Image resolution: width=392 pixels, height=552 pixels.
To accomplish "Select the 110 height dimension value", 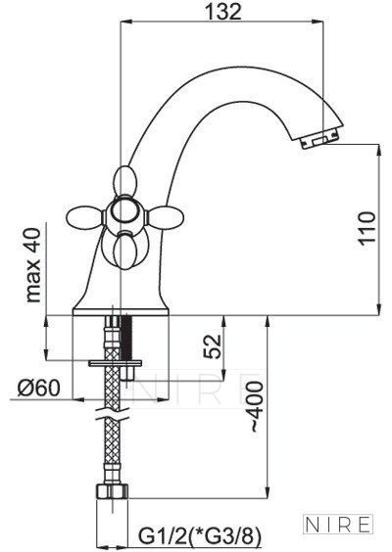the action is [367, 228].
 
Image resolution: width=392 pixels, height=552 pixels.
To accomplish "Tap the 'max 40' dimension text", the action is [33, 265].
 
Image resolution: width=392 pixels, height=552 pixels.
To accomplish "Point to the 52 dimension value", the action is [214, 346].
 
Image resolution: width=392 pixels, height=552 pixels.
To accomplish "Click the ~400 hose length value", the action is [257, 407].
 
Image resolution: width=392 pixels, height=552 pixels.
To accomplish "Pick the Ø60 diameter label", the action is [39, 388].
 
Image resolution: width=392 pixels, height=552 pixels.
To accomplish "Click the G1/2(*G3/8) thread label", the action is [200, 536].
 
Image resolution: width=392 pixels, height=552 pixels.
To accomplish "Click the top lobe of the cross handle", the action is [124, 181].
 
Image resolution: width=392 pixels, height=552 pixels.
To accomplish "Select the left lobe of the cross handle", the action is [84, 217].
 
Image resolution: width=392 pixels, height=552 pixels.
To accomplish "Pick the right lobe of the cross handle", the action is [167, 216].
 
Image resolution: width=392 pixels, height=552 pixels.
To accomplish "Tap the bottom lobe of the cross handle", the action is [125, 253].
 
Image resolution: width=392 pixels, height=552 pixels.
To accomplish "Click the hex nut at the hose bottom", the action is [112, 491].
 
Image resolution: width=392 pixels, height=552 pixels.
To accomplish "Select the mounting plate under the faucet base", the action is [115, 363].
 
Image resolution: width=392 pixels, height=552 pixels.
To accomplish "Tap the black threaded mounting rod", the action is [126, 338].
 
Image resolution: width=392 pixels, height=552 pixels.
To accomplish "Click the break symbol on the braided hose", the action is [113, 413].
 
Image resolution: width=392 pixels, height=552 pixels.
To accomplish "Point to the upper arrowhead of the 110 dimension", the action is [379, 150].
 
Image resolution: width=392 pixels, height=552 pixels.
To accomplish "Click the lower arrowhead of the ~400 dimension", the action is [268, 493].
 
